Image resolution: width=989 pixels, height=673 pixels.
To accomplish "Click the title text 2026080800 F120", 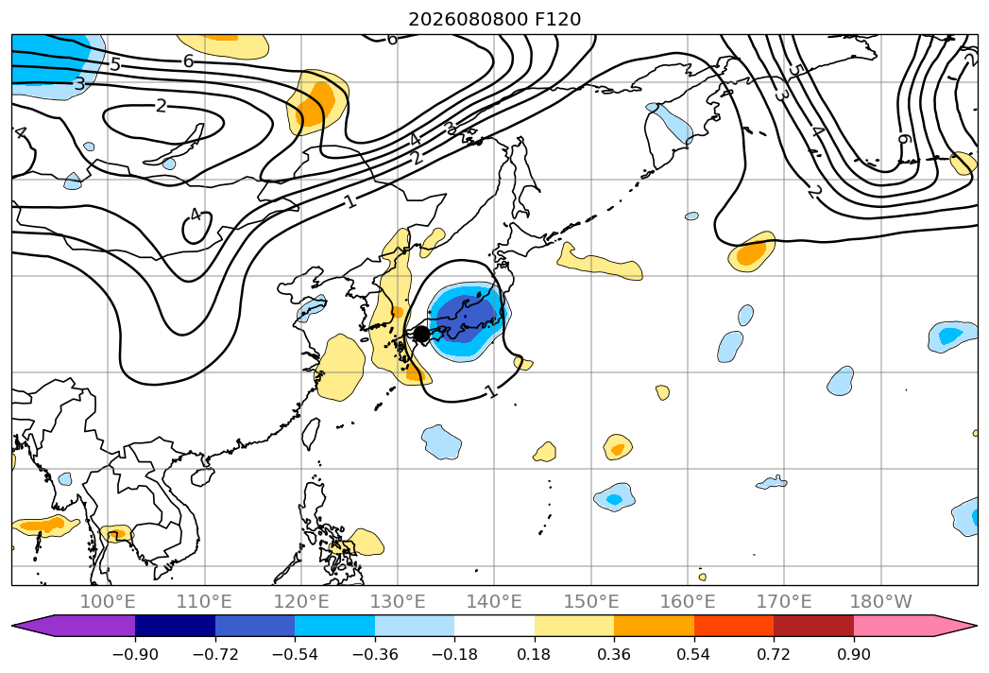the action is [495, 19].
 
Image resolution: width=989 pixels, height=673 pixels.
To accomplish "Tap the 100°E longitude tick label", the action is [108, 601].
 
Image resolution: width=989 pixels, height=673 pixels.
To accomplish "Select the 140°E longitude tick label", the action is [494, 601].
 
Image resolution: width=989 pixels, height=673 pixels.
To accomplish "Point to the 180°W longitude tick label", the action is [880, 601].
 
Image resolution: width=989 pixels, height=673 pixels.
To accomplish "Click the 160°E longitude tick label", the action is [688, 601].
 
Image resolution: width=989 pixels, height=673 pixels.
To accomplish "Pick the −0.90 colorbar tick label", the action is [135, 654].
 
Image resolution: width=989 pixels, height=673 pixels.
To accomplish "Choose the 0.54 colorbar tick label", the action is [693, 654].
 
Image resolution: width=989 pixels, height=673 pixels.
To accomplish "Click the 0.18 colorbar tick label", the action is [534, 654].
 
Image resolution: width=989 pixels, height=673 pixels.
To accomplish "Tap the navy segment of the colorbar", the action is [176, 625].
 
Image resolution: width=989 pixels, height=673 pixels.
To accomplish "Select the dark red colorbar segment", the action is [813, 625].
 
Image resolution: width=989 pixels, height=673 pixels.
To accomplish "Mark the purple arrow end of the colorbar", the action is [74, 625].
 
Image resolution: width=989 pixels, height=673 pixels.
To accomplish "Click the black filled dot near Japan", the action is [420, 334].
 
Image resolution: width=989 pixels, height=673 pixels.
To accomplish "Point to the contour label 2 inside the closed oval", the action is [161, 106].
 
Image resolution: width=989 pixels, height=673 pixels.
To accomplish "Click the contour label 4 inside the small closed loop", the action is [196, 215].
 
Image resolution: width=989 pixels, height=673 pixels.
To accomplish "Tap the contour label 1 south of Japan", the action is [492, 391].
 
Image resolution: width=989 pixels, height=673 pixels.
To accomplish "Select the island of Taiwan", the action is [310, 433].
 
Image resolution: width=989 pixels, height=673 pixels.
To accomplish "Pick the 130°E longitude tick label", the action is [398, 601].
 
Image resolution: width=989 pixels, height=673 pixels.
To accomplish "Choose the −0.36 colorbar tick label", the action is [375, 654].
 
